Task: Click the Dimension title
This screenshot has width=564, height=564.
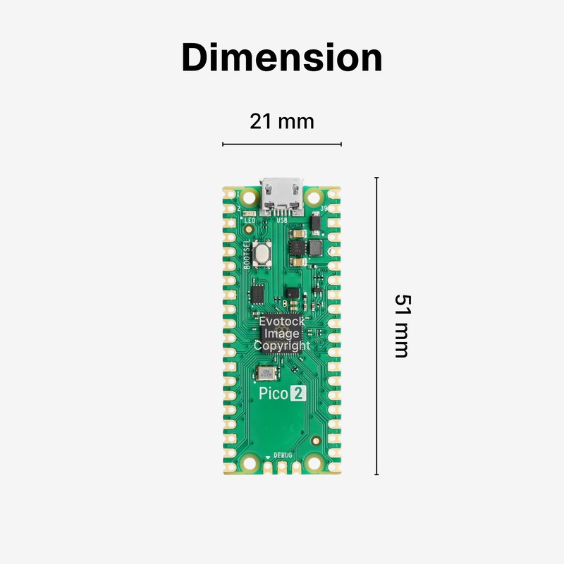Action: click(x=282, y=58)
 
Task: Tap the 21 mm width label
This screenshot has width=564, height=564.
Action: click(x=282, y=121)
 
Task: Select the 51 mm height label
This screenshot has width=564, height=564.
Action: click(x=400, y=326)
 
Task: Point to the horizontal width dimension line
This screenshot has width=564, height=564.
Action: click(x=282, y=144)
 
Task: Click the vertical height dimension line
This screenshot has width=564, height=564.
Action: click(x=376, y=326)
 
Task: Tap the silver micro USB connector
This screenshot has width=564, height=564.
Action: click(x=282, y=195)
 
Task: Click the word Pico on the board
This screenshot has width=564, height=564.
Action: click(x=272, y=394)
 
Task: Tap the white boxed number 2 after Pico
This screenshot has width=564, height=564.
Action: click(x=298, y=394)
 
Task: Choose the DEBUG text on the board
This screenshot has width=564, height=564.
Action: click(x=293, y=456)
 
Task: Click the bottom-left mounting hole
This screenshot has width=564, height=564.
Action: click(x=249, y=462)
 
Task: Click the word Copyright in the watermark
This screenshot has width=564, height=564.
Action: click(x=282, y=346)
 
